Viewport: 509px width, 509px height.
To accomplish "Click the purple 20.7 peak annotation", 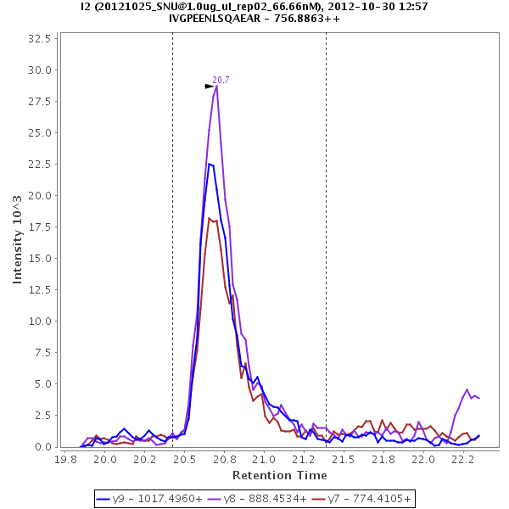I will coord(221,80).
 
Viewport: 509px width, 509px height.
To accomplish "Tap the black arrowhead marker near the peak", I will coord(210,87).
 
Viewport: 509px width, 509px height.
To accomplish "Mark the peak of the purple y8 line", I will coord(217,86).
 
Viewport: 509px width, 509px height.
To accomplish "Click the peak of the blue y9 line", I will coord(210,164).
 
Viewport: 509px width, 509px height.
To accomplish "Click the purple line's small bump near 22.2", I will coord(467,390).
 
